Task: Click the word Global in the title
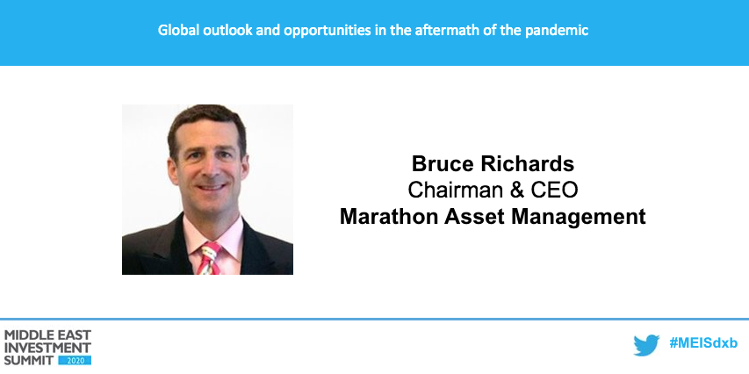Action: pyautogui.click(x=176, y=30)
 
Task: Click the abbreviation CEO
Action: pyautogui.click(x=551, y=190)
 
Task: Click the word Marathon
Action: pyautogui.click(x=385, y=216)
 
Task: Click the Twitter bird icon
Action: pyautogui.click(x=646, y=346)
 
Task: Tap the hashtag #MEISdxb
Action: pyautogui.click(x=702, y=345)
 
